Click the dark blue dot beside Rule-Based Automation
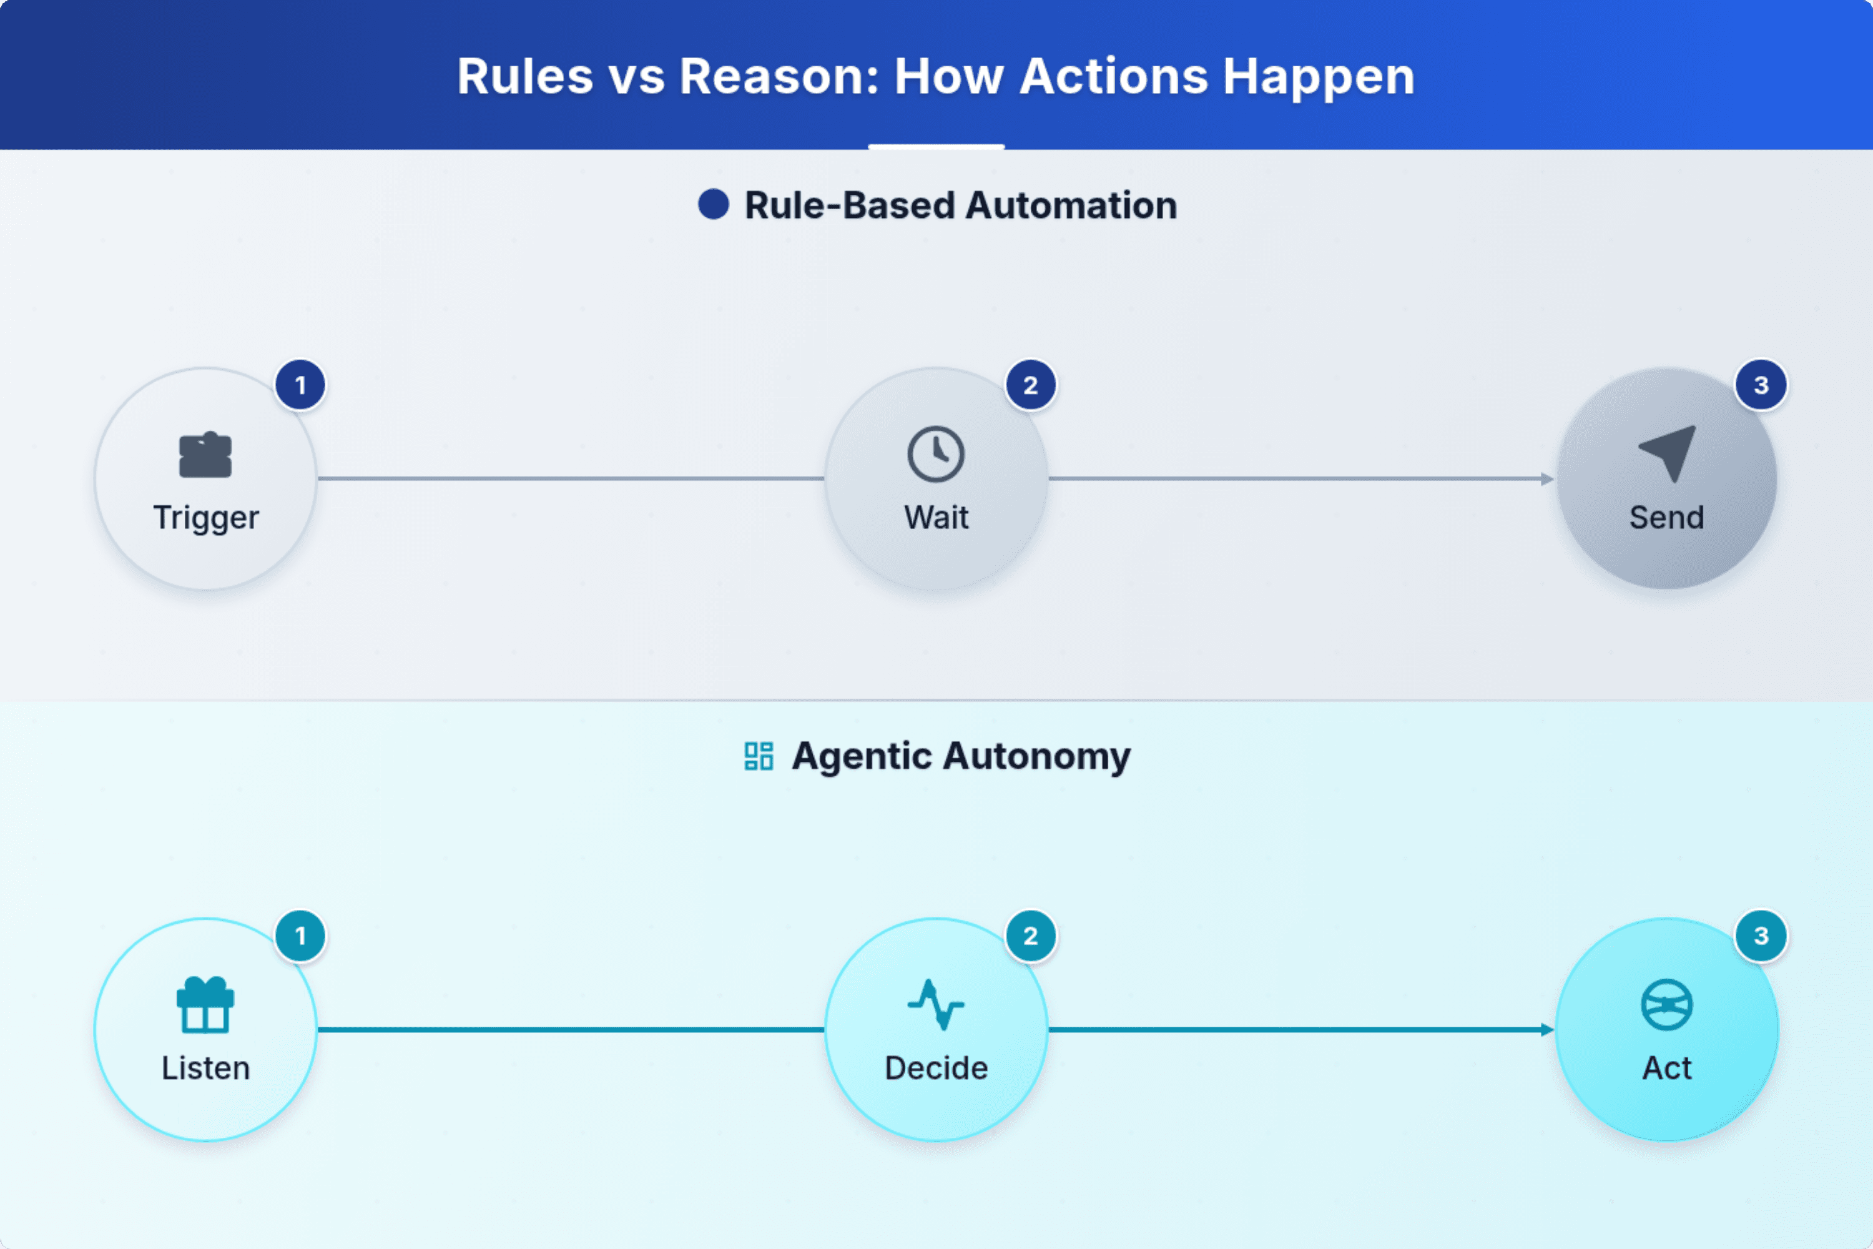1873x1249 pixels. [x=714, y=204]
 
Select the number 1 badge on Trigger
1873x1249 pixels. [x=300, y=385]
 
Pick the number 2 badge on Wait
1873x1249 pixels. [x=1031, y=385]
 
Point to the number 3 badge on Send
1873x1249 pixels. [x=1761, y=385]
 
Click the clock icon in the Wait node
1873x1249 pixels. [x=936, y=454]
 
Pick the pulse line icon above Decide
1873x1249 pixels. [x=936, y=1004]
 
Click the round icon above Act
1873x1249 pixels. [x=1667, y=1004]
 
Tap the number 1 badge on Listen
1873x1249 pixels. [x=300, y=936]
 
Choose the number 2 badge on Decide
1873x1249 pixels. [x=1031, y=936]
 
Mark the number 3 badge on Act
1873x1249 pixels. [x=1761, y=936]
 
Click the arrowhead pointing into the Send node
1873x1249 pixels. [x=1547, y=479]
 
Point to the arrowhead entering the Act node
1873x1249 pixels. [x=1547, y=1030]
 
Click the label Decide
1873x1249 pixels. [x=936, y=1068]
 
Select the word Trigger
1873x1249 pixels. [x=205, y=518]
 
